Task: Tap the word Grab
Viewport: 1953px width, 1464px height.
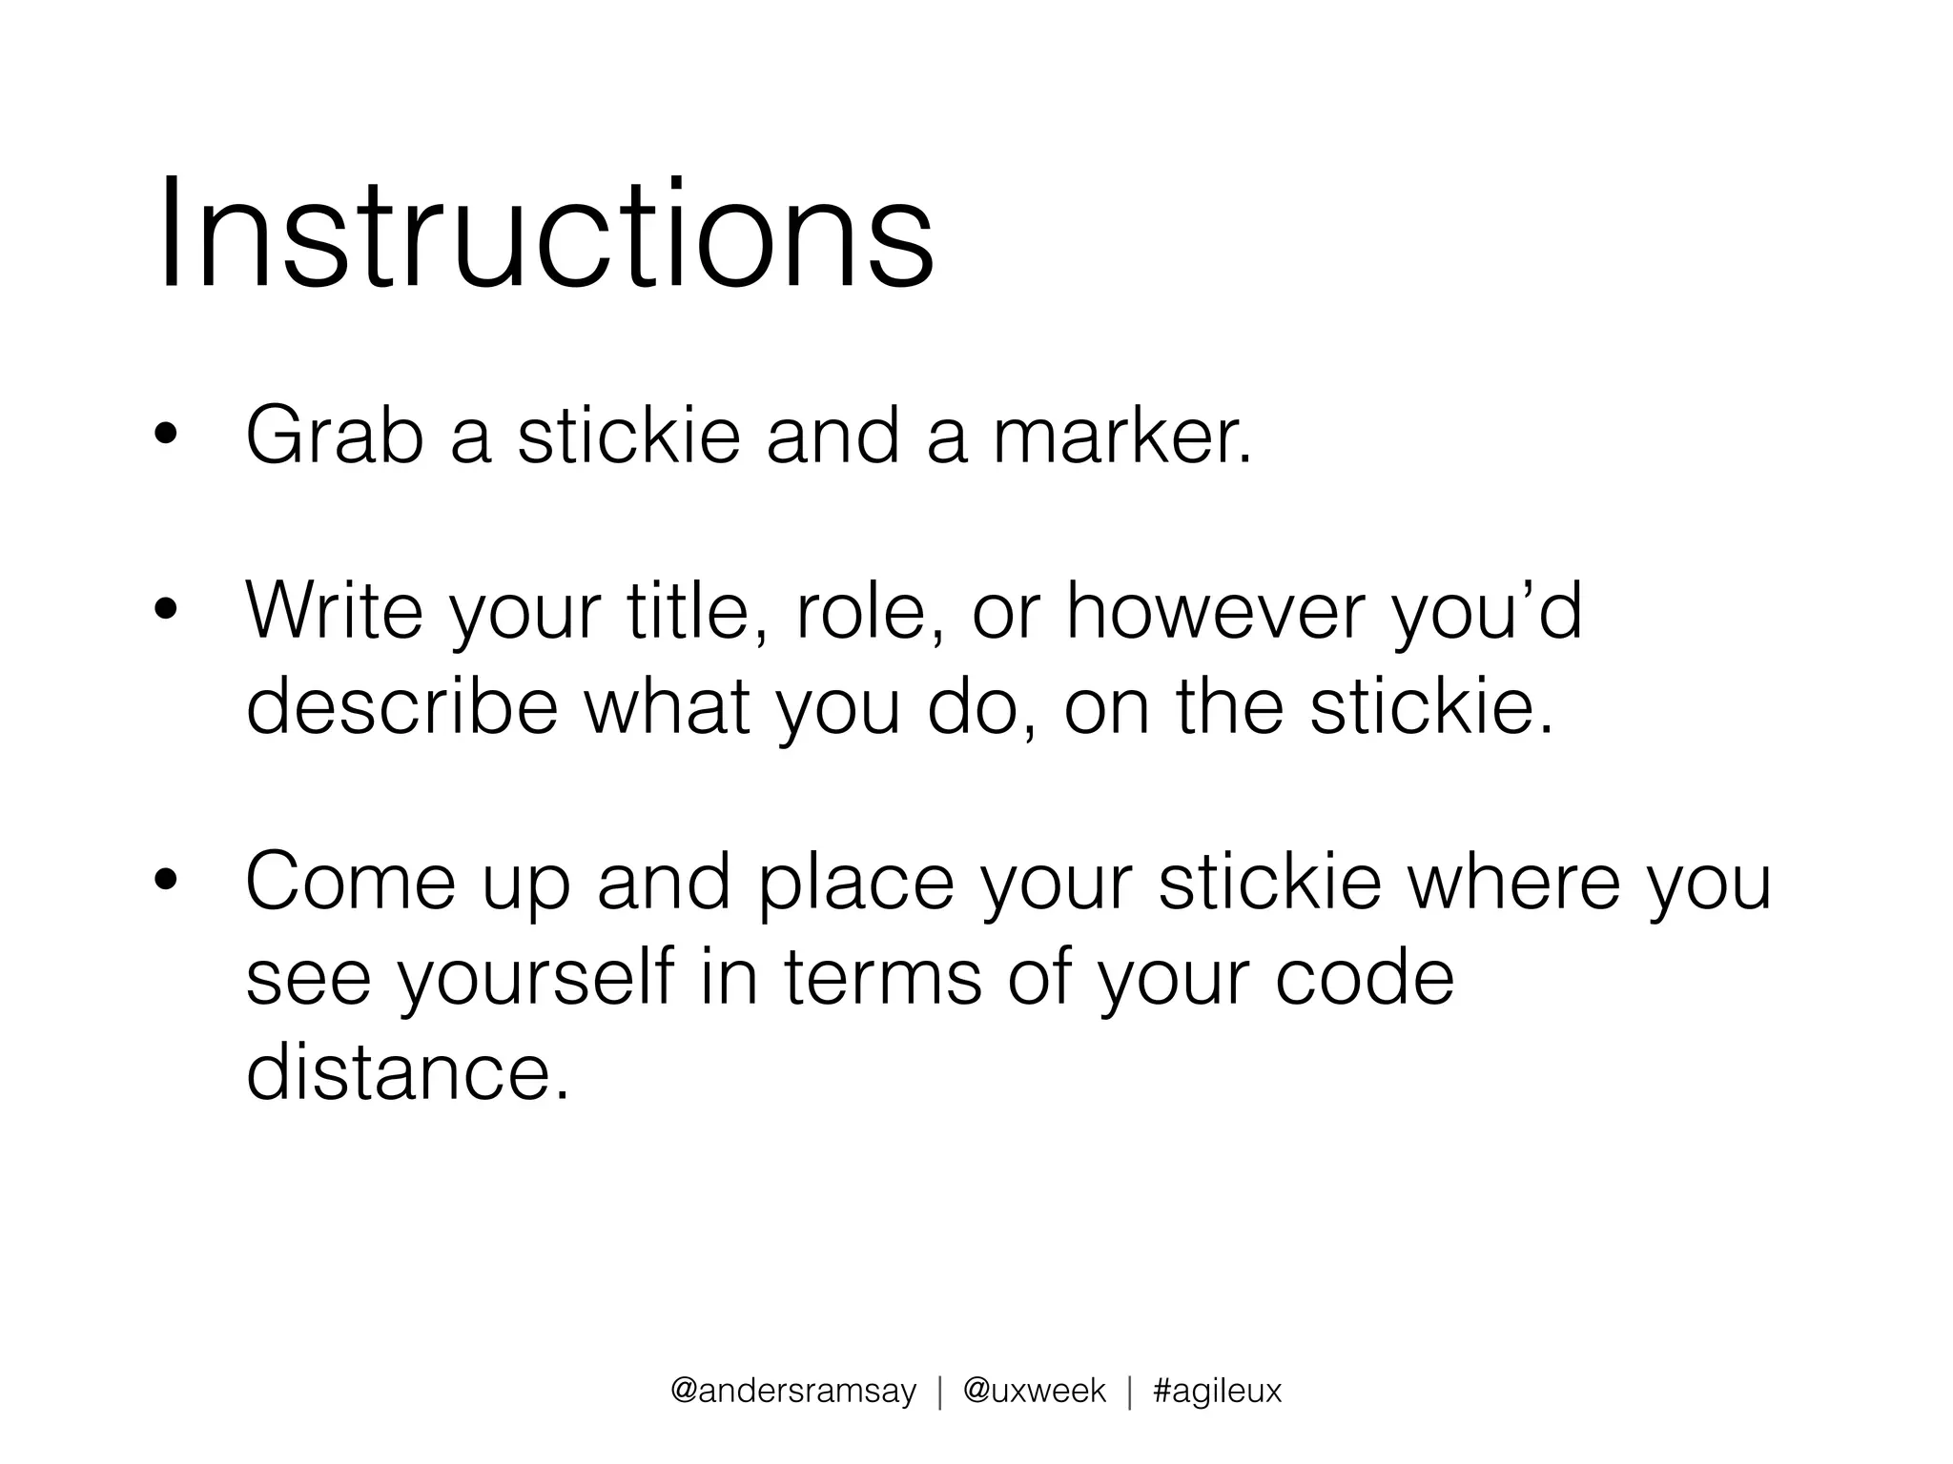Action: click(x=334, y=437)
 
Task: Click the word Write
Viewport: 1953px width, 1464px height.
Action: click(x=334, y=611)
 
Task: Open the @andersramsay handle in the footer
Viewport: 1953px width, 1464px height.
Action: click(x=793, y=1392)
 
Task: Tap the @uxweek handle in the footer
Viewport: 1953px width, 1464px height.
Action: click(x=1035, y=1392)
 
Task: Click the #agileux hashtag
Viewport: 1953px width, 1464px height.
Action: click(x=1217, y=1392)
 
